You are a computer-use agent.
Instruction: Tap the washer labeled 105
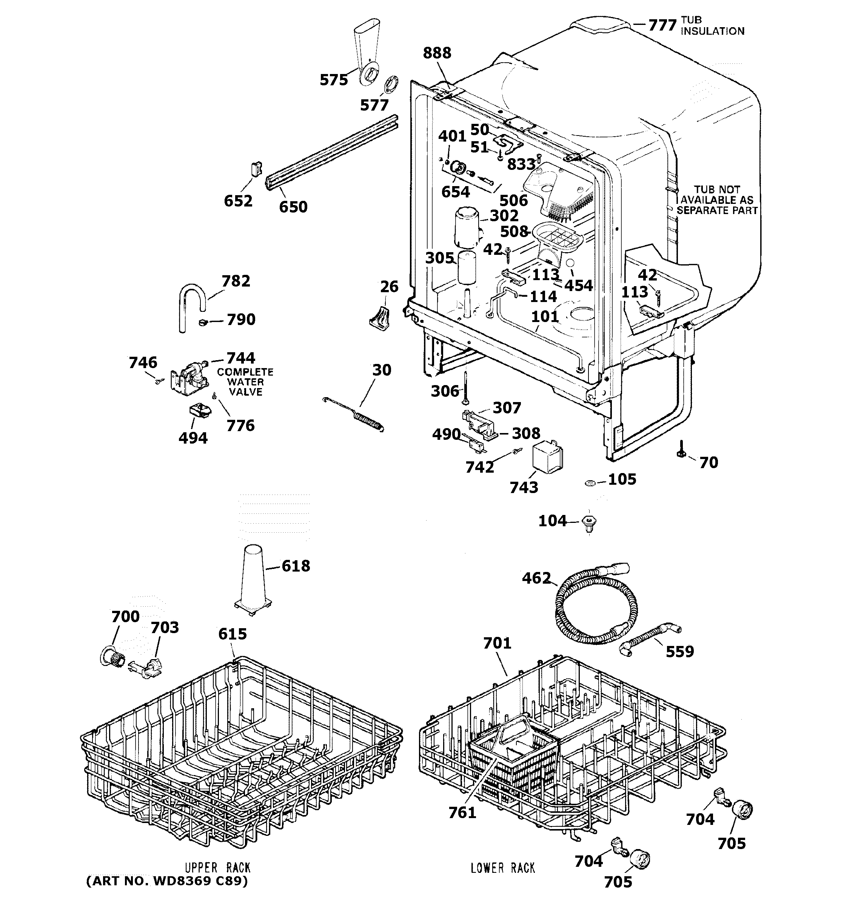coord(590,483)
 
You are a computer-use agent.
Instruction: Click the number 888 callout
coord(437,53)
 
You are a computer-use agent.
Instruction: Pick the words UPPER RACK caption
coord(217,868)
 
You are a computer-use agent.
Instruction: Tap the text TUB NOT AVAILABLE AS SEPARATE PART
coord(716,200)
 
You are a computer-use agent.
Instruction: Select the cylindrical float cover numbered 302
coord(467,227)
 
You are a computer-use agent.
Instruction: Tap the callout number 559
coord(679,652)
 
